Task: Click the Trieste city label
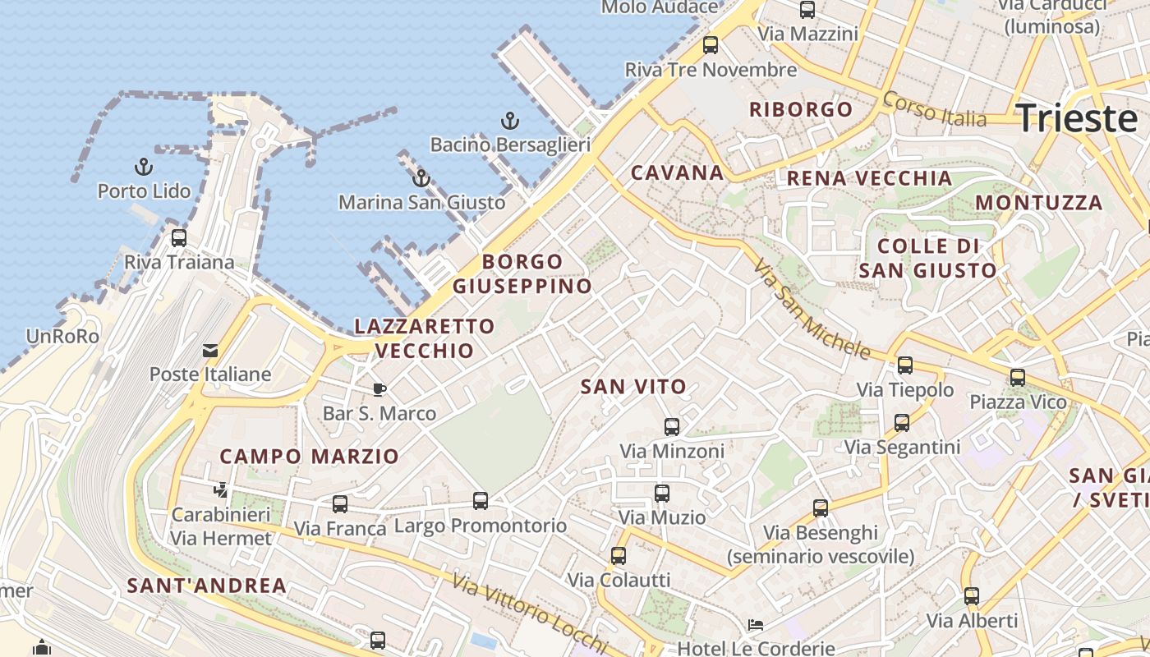pyautogui.click(x=1077, y=119)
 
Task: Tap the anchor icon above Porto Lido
pyautogui.click(x=144, y=168)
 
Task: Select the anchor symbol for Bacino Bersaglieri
pyautogui.click(x=510, y=122)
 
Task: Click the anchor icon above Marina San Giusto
pyautogui.click(x=421, y=178)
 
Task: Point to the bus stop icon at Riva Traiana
pyautogui.click(x=179, y=238)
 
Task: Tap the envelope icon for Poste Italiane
pyautogui.click(x=210, y=351)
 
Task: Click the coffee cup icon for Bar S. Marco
pyautogui.click(x=379, y=389)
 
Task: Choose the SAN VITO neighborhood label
pyautogui.click(x=633, y=387)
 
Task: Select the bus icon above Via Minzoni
pyautogui.click(x=672, y=427)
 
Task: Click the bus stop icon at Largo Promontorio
pyautogui.click(x=481, y=500)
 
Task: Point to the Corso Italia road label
pyautogui.click(x=934, y=108)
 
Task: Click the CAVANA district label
pyautogui.click(x=677, y=173)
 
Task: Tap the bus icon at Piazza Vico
pyautogui.click(x=1018, y=378)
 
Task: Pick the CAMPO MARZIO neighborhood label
pyautogui.click(x=309, y=457)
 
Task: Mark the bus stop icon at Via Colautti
pyautogui.click(x=619, y=556)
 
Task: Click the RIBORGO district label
pyautogui.click(x=801, y=109)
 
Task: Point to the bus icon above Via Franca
pyautogui.click(x=340, y=504)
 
